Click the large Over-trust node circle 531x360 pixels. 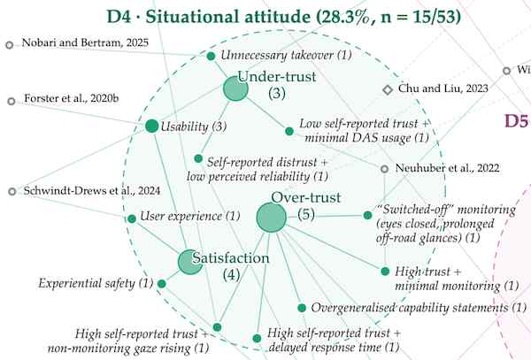(272, 218)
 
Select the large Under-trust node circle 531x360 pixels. (235, 88)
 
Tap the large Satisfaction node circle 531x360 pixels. (190, 262)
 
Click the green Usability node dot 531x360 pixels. (151, 126)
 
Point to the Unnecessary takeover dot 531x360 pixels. (211, 56)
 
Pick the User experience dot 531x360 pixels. (132, 218)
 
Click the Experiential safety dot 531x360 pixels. (162, 284)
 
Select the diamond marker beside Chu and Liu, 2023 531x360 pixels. (388, 89)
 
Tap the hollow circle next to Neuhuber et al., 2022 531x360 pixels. (384, 168)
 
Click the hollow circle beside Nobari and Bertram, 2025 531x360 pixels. (10, 44)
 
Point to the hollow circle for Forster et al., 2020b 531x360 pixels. (12, 101)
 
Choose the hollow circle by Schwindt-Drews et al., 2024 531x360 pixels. (12, 192)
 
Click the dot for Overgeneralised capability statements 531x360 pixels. (302, 308)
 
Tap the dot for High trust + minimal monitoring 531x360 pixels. (385, 271)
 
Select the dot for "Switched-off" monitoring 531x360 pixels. (367, 215)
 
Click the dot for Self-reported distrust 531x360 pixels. (198, 158)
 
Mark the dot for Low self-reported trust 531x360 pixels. (289, 131)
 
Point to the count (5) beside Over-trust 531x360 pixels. (306, 214)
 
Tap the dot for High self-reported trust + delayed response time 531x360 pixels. (257, 338)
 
